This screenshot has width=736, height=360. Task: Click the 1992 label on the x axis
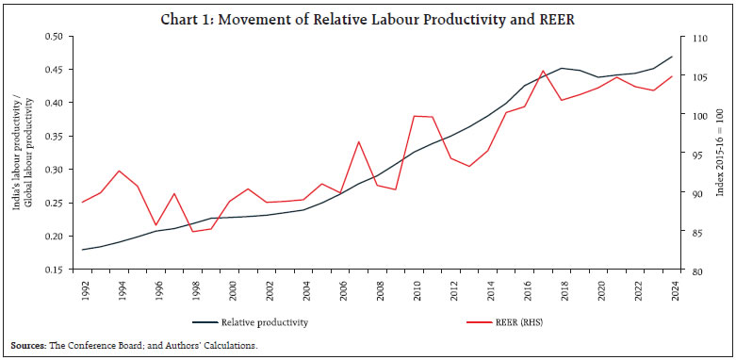pos(84,289)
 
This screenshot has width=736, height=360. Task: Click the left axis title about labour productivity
pos(21,154)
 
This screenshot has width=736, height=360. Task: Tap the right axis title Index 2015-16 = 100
pos(721,154)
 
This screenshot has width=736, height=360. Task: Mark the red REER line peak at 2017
pos(543,71)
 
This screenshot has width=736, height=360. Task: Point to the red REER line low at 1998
pos(193,231)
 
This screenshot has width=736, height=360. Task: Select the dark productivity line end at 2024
pos(645,57)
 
